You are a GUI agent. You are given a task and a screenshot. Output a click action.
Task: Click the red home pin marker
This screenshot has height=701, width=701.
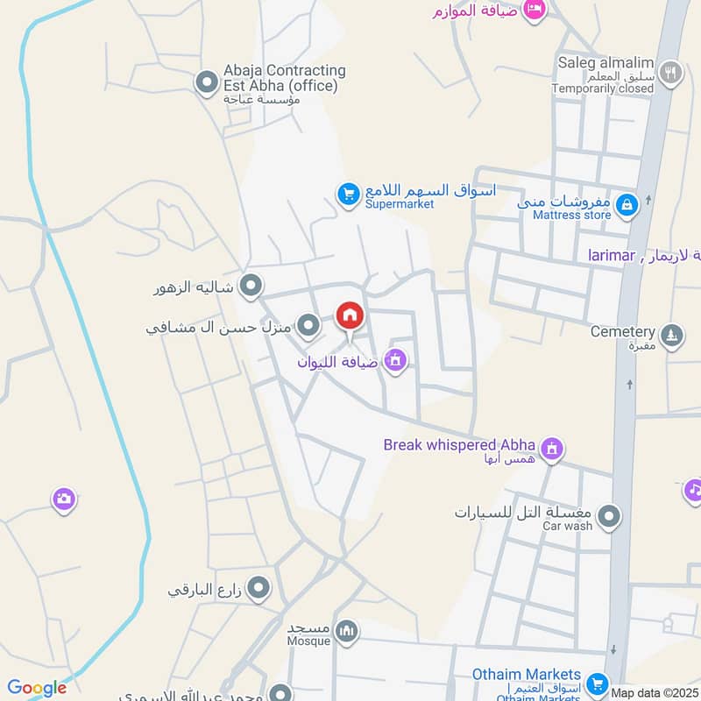point(350,315)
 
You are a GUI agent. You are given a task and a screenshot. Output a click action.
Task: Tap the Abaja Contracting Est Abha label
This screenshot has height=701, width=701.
point(272,78)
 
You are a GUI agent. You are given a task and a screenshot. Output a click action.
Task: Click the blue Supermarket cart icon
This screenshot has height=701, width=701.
point(349,194)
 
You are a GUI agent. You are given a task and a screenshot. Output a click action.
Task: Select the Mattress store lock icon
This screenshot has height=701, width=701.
point(626,205)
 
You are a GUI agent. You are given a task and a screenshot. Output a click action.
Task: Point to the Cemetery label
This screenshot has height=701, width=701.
point(622,332)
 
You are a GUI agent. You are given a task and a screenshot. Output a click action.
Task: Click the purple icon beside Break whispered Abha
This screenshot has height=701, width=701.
point(551,450)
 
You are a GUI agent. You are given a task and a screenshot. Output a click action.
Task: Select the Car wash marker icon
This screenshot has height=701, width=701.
point(610,516)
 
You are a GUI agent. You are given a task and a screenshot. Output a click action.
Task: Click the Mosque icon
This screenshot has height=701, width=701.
point(348,631)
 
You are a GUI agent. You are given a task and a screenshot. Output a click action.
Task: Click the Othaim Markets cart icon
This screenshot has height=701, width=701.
point(598,683)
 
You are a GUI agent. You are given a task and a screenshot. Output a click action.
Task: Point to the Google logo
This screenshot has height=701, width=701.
point(37,688)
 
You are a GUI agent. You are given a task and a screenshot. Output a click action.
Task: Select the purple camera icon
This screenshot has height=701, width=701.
point(63,499)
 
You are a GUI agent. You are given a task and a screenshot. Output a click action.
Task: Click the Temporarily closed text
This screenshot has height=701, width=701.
point(603,88)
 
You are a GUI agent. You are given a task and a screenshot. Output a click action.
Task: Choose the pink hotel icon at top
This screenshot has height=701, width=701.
point(534,10)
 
